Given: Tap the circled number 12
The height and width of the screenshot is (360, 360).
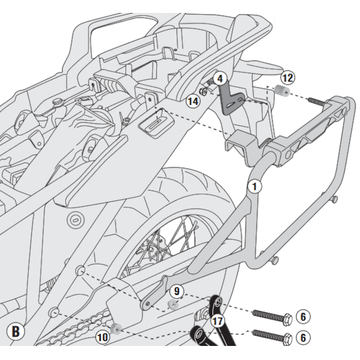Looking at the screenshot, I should point(287,78).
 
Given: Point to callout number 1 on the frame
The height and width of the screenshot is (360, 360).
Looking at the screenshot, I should point(254,186).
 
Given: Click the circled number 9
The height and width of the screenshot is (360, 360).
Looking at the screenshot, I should point(176,292).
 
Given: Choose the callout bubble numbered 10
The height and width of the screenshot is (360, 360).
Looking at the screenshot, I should point(102,337).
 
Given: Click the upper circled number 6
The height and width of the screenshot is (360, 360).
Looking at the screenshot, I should point(304,317).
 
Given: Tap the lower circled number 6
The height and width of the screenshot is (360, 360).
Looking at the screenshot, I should point(304,338).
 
